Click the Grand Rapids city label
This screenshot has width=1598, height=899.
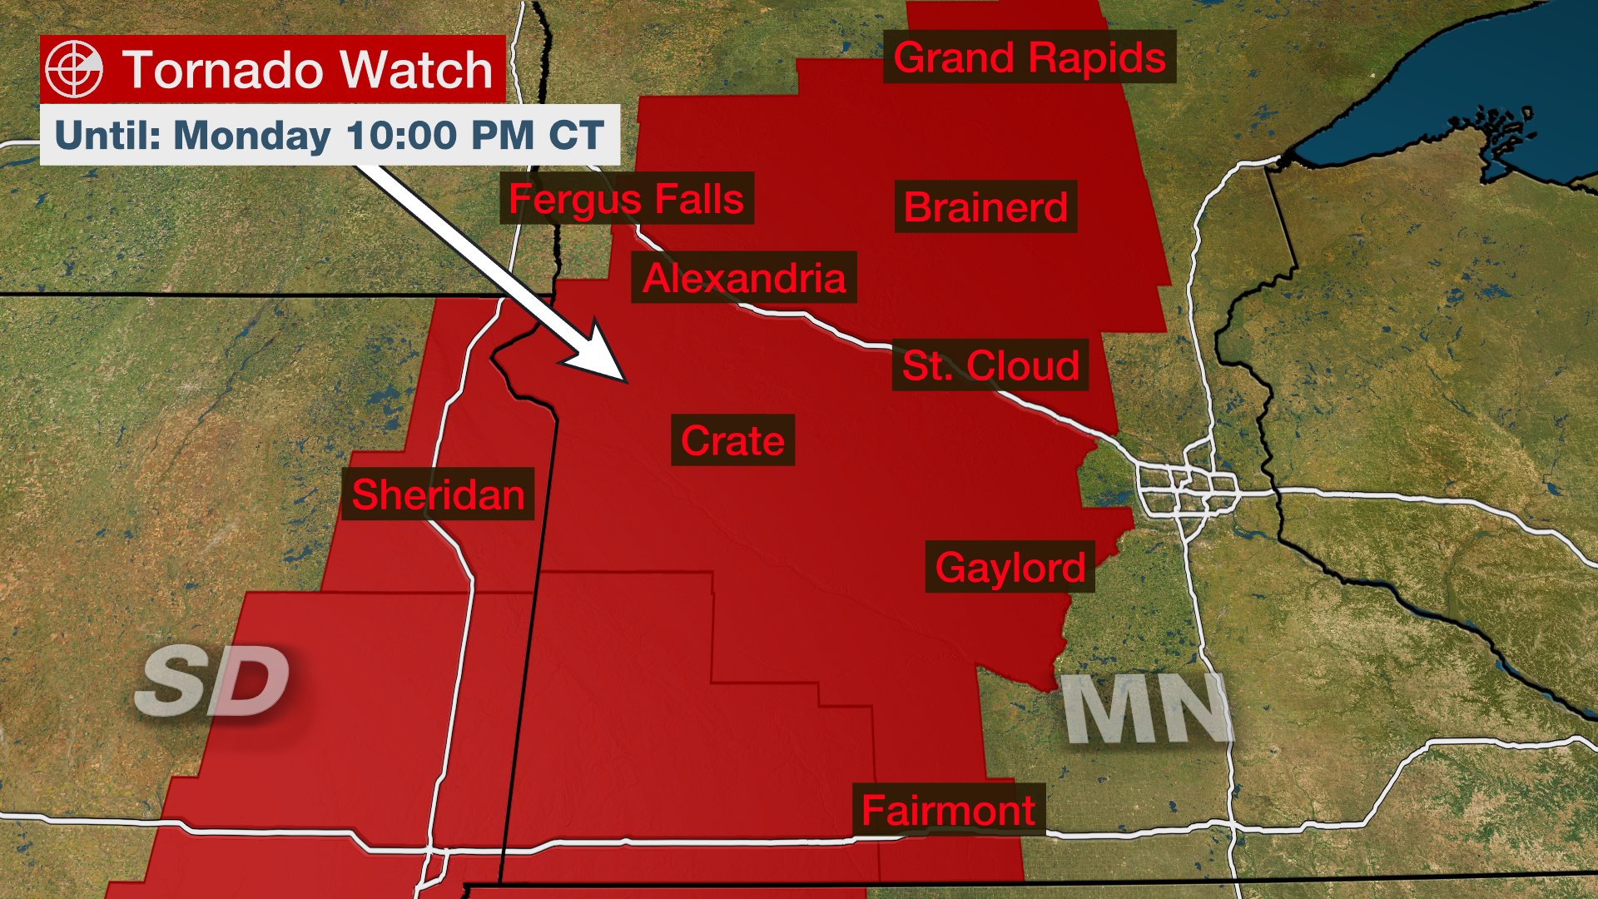pyautogui.click(x=1030, y=57)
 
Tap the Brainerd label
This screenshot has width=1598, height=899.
pyautogui.click(x=985, y=206)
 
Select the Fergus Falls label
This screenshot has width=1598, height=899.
pyautogui.click(x=626, y=199)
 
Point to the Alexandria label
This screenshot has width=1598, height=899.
pyautogui.click(x=744, y=277)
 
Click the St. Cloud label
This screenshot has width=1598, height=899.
pyautogui.click(x=990, y=365)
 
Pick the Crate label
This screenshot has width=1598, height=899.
pyautogui.click(x=732, y=440)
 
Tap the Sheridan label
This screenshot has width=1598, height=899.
pyautogui.click(x=438, y=494)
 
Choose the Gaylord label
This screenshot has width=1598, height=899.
pyautogui.click(x=1010, y=568)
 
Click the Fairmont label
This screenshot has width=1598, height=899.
pyautogui.click(x=948, y=810)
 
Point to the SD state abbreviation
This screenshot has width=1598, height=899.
pyautogui.click(x=213, y=681)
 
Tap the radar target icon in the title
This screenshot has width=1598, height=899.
pyautogui.click(x=74, y=69)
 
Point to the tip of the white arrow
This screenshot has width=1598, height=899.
pyautogui.click(x=624, y=380)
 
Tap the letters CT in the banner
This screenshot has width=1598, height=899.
pyautogui.click(x=575, y=135)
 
